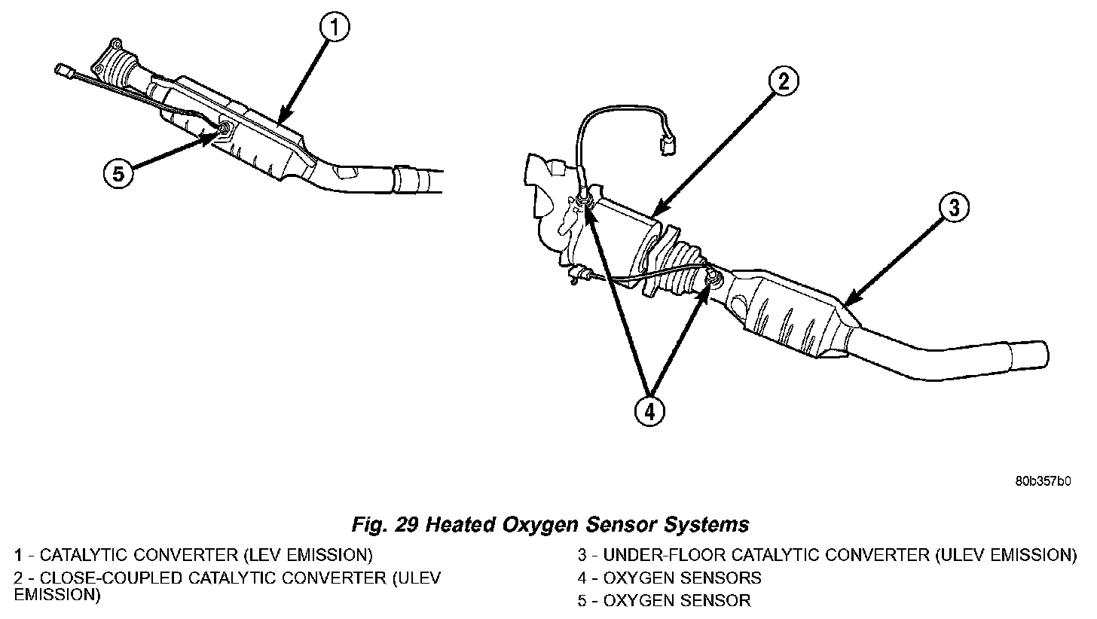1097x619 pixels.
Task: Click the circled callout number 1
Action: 335,29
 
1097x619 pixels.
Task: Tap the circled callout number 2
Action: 784,81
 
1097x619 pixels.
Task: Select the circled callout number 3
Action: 954,208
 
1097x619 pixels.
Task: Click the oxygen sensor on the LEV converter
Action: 225,130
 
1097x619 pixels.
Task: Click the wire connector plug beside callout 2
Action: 667,145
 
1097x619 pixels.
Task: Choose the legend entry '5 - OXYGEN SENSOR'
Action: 664,600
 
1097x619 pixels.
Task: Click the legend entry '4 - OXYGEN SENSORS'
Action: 669,578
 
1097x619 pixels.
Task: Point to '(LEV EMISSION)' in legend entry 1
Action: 308,556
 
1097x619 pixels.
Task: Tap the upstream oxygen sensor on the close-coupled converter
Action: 583,200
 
